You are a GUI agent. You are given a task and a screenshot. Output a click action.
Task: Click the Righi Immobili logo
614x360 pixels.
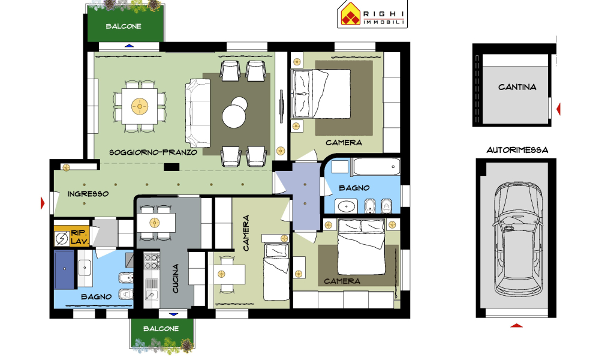[372, 14]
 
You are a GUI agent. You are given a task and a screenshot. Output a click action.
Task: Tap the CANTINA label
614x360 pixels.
[517, 87]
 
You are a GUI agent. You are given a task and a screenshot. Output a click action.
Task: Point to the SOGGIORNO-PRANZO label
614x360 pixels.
[153, 152]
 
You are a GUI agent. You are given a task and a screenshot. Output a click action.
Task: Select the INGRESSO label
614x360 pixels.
[88, 194]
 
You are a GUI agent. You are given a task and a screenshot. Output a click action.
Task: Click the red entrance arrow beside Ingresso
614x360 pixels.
[43, 203]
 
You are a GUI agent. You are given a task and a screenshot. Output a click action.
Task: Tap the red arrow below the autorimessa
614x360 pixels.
[516, 325]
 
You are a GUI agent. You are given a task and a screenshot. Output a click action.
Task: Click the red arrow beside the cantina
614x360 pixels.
[558, 109]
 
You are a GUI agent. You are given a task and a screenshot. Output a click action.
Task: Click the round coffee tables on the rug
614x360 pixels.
[234, 112]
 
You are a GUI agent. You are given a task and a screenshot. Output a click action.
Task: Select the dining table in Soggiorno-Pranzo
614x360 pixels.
[139, 106]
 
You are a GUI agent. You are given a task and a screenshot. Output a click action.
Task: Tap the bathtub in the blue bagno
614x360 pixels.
[377, 167]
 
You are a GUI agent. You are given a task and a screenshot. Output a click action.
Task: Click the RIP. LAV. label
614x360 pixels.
[80, 237]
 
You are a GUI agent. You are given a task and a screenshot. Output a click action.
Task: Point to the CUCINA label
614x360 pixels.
[176, 278]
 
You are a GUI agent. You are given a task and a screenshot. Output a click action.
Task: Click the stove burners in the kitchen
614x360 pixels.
[152, 262]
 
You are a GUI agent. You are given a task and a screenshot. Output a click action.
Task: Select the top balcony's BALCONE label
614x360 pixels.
[124, 26]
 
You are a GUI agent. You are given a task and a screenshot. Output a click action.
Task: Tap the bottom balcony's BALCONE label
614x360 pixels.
[161, 329]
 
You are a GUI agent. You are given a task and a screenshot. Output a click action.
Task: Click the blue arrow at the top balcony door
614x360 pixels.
[130, 46]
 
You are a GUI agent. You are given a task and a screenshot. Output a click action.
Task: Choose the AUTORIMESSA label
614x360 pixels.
[517, 150]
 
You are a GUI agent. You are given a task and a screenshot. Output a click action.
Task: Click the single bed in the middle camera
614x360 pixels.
[276, 271]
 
